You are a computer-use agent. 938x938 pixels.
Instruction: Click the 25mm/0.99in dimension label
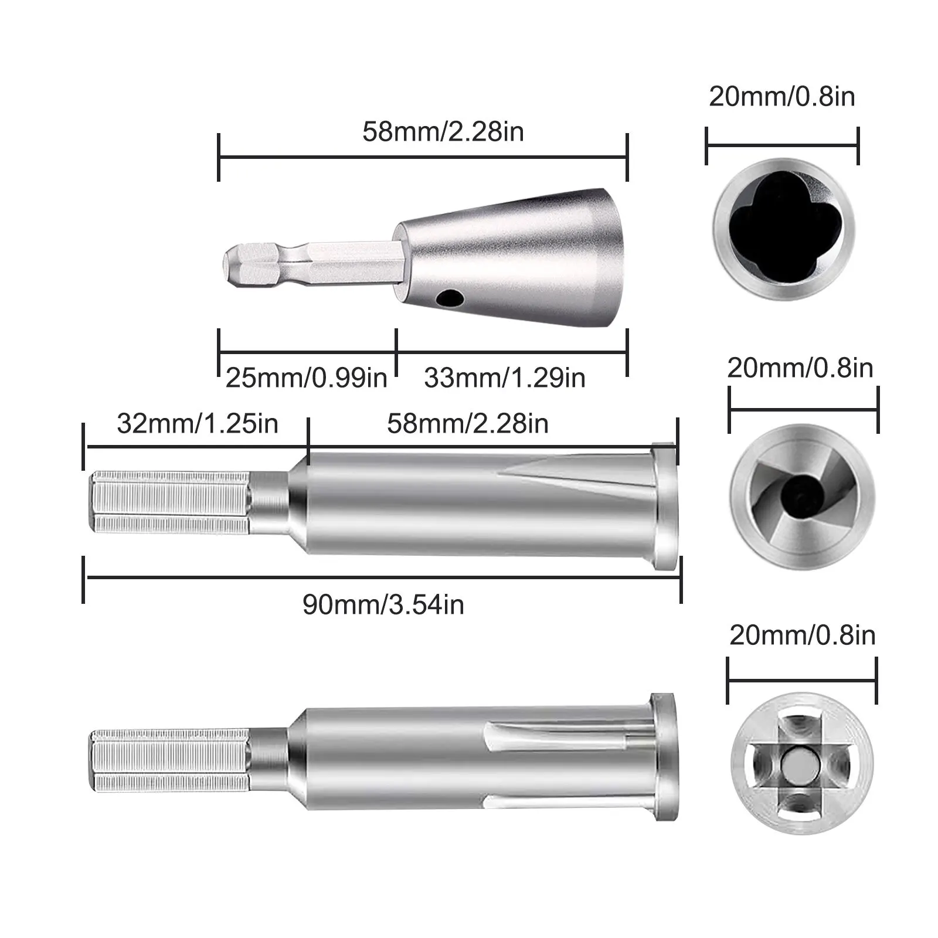tap(306, 378)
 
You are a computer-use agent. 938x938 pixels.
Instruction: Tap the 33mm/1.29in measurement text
tap(505, 378)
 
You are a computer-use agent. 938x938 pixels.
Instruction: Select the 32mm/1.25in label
tap(198, 423)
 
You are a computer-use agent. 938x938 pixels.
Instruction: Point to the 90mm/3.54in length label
tap(383, 604)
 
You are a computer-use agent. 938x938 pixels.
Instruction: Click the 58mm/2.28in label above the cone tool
tap(443, 131)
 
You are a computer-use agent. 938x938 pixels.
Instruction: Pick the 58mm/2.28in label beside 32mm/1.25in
tap(468, 423)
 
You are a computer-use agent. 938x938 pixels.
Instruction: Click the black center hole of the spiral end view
tap(801, 488)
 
